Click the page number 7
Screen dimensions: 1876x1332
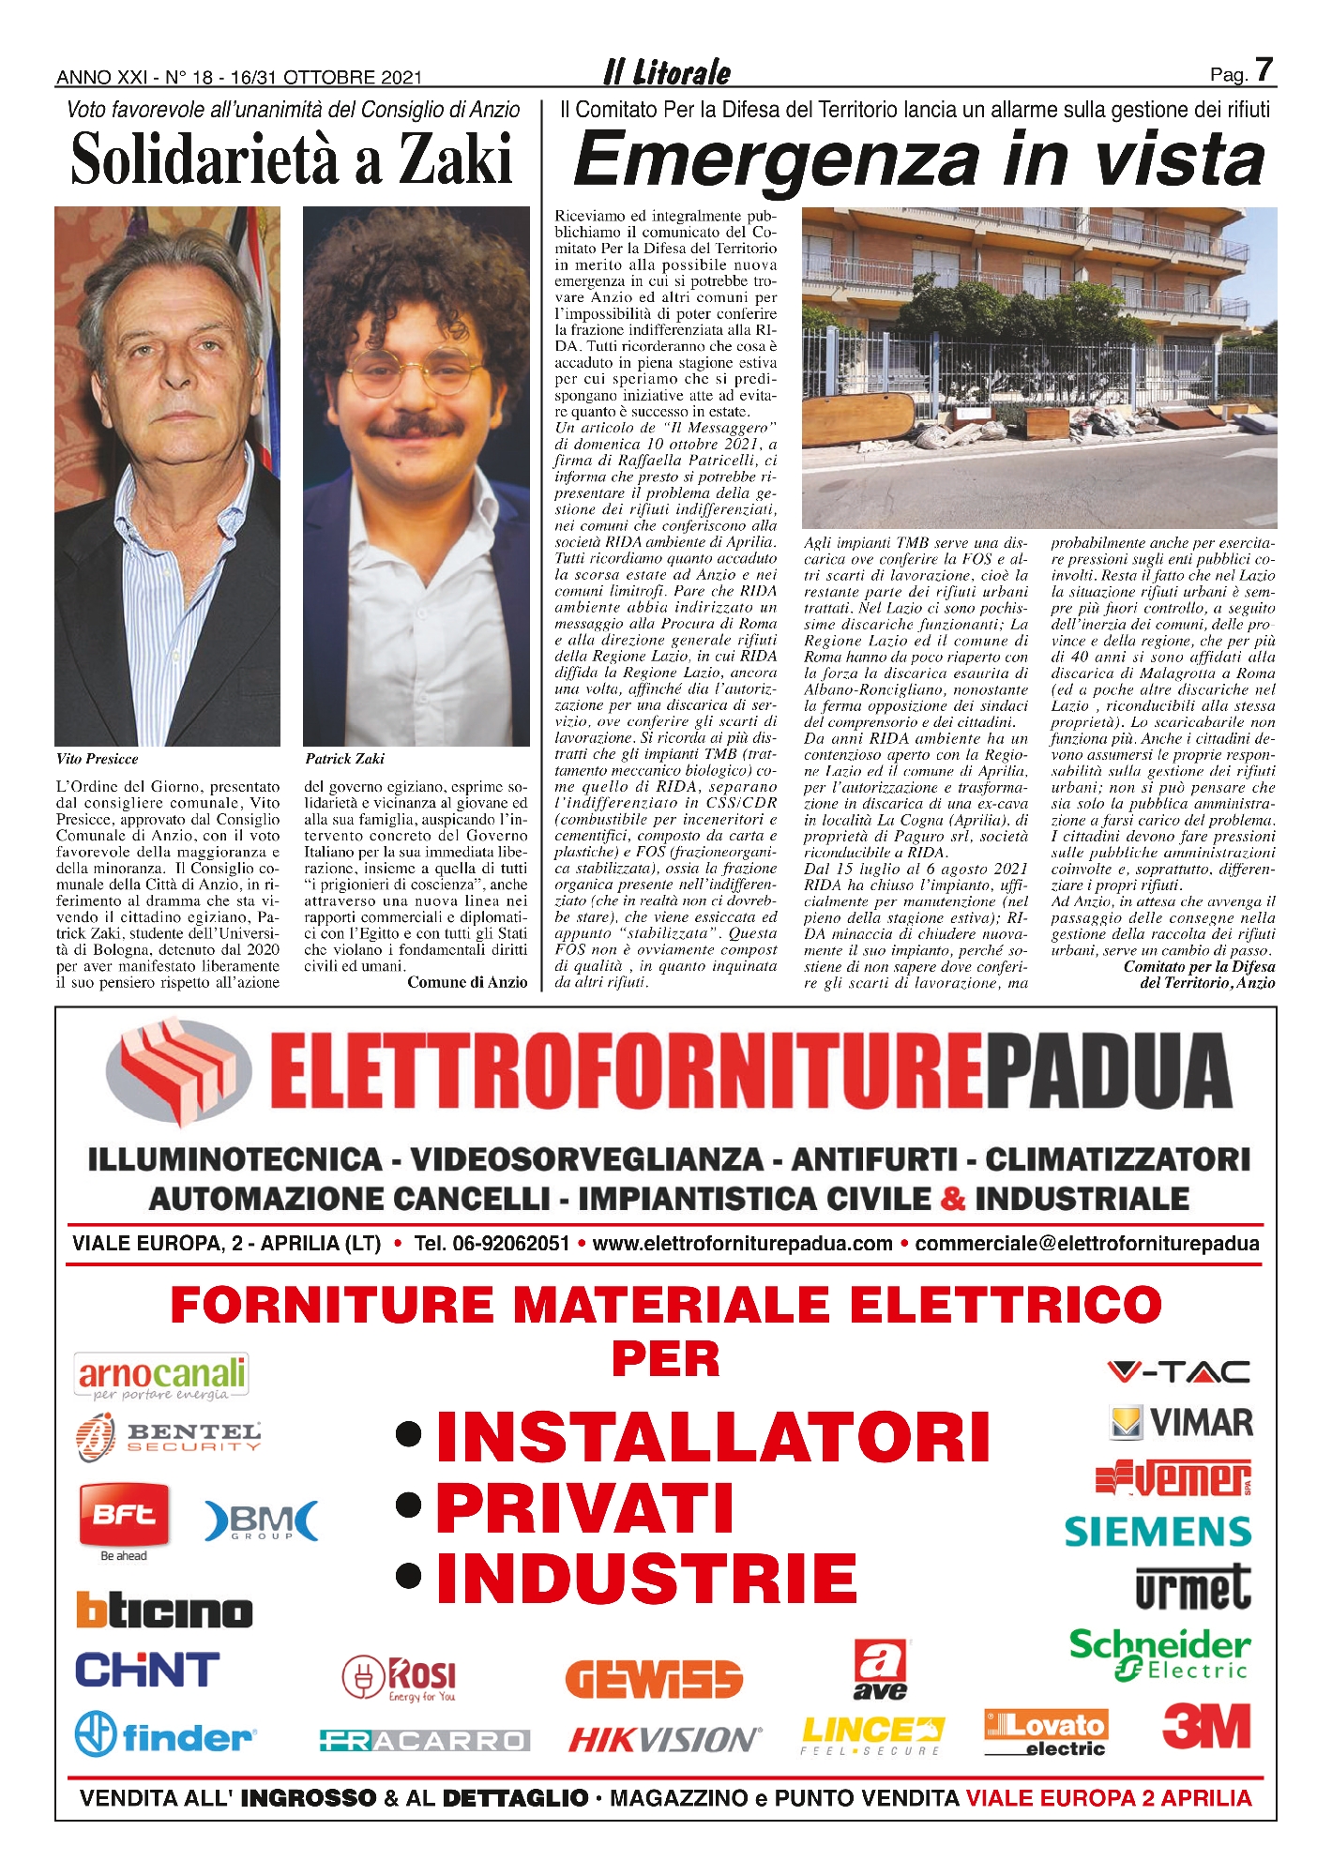click(x=1264, y=70)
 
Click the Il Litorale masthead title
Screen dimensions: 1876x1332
click(x=667, y=72)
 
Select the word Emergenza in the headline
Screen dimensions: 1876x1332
click(x=777, y=159)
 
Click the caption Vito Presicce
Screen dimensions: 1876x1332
click(x=98, y=759)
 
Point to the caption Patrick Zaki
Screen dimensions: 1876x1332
click(x=344, y=759)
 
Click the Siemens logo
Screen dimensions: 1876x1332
click(x=1158, y=1532)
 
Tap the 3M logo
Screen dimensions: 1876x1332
click(x=1206, y=1727)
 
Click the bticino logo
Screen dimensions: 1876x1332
click(x=165, y=1611)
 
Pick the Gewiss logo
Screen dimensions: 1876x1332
click(x=654, y=1678)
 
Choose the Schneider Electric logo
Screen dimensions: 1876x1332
click(x=1159, y=1655)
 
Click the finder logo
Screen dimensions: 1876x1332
click(x=165, y=1734)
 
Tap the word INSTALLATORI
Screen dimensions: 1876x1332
click(x=713, y=1436)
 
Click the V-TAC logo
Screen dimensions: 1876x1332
click(x=1178, y=1372)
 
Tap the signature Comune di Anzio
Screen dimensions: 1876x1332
click(x=467, y=982)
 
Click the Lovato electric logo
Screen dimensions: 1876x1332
click(x=1046, y=1732)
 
